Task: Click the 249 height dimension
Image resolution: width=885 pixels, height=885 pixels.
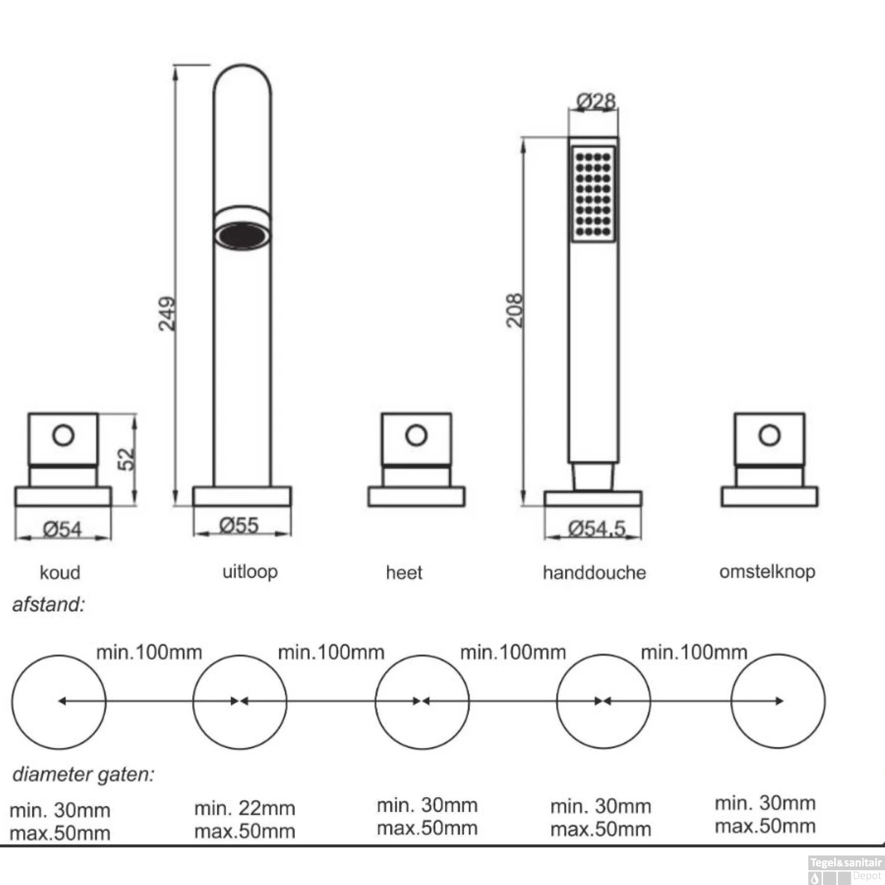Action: point(168,313)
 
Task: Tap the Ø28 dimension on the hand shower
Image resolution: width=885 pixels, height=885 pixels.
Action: point(596,101)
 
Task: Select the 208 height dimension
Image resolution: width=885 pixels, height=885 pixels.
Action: point(514,310)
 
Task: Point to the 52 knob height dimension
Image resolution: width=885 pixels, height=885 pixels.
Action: point(127,459)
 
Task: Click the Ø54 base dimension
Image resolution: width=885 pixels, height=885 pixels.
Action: point(63,529)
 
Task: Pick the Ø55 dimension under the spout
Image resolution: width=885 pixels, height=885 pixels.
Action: point(239,525)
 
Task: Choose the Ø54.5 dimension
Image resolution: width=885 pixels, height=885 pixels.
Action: point(596,528)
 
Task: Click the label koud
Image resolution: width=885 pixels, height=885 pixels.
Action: point(60,572)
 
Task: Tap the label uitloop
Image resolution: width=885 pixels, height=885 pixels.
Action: point(250,571)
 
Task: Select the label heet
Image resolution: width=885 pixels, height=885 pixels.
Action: point(404,572)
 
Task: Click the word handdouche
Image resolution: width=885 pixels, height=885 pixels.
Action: point(594,572)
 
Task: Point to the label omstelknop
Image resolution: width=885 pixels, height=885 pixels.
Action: point(767,571)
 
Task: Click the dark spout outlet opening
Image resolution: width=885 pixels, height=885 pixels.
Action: point(242,235)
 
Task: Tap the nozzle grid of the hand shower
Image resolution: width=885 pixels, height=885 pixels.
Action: point(593,194)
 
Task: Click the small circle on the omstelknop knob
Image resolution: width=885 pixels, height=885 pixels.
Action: point(769,435)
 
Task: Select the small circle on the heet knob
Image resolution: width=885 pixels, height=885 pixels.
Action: point(417,435)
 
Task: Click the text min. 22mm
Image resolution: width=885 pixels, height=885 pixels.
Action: point(245,808)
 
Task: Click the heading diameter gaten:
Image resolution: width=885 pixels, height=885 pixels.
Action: point(83,774)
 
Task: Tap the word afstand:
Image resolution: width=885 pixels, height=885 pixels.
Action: point(48,604)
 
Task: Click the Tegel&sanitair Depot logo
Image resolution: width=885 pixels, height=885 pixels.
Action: point(845,869)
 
